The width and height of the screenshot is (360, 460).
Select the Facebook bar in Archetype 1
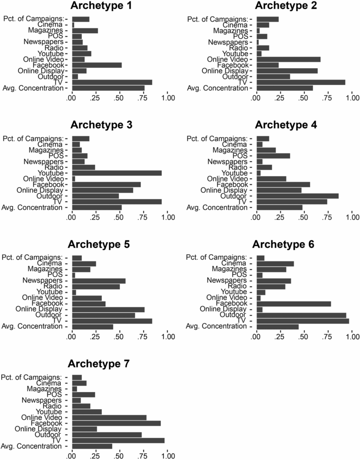97,65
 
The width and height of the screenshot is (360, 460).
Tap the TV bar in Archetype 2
301,82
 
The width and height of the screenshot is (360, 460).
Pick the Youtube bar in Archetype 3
117,173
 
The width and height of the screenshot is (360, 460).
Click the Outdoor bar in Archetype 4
297,196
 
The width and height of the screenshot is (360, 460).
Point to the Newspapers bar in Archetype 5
99,281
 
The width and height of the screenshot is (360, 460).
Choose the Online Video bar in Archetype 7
109,417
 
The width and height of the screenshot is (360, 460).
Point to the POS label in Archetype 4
241,156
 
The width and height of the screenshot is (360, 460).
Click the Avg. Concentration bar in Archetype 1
108,88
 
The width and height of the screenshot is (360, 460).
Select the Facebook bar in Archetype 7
116,423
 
